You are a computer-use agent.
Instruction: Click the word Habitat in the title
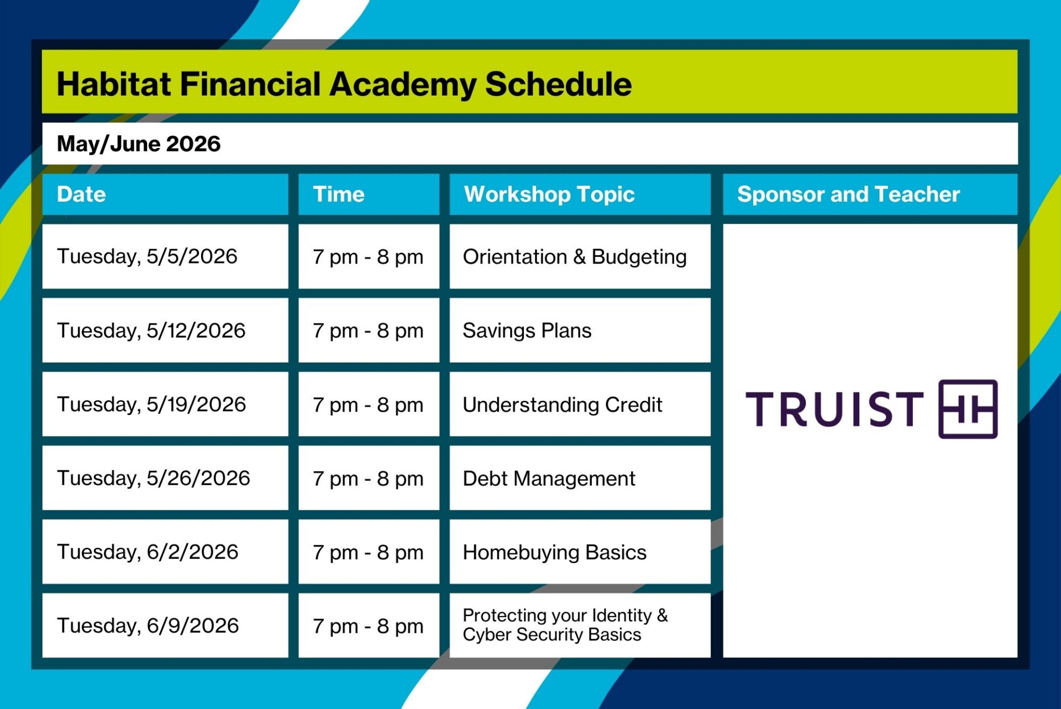pyautogui.click(x=114, y=85)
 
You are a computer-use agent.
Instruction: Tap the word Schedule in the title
pyautogui.click(x=558, y=85)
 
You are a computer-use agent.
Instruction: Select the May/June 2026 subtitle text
pyautogui.click(x=138, y=144)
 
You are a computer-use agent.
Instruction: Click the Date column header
pyautogui.click(x=81, y=195)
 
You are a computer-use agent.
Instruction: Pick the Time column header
pyautogui.click(x=339, y=195)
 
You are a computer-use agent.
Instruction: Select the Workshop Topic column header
pyautogui.click(x=549, y=195)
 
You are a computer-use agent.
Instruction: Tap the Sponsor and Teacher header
pyautogui.click(x=848, y=195)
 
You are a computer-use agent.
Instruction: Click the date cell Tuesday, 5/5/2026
pyautogui.click(x=147, y=256)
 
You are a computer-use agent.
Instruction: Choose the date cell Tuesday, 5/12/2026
pyautogui.click(x=151, y=330)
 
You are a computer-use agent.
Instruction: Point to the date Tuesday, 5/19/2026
pyautogui.click(x=151, y=405)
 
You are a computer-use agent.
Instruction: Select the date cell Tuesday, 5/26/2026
pyautogui.click(x=153, y=478)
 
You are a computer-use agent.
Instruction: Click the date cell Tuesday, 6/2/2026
pyautogui.click(x=148, y=552)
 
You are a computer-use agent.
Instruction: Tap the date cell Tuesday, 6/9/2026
pyautogui.click(x=148, y=626)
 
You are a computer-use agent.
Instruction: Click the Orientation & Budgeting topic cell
pyautogui.click(x=575, y=257)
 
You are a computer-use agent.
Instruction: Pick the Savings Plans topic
pyautogui.click(x=527, y=330)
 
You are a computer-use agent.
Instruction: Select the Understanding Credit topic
pyautogui.click(x=562, y=405)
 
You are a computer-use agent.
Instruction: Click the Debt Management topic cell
pyautogui.click(x=549, y=479)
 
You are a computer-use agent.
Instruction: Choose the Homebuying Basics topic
pyautogui.click(x=554, y=552)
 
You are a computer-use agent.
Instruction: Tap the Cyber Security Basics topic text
pyautogui.click(x=551, y=635)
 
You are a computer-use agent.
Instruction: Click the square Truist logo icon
pyautogui.click(x=968, y=409)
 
